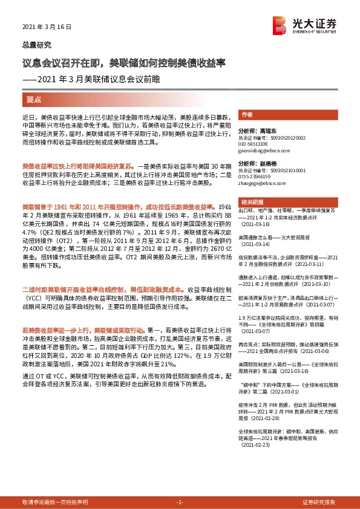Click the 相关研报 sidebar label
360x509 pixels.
pos(250,201)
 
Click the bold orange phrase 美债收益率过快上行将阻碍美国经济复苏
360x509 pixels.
pos(77,164)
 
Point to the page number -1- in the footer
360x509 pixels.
pos(179,502)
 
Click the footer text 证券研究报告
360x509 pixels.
pos(319,502)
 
